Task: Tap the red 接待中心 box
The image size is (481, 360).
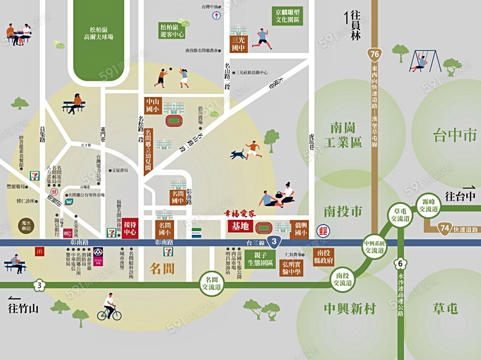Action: [x=130, y=227]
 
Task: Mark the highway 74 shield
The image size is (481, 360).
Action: [x=445, y=228]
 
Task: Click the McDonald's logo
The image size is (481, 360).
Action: [x=40, y=250]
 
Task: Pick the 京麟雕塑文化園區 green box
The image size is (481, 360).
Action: [x=287, y=16]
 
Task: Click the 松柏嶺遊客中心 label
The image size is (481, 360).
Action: [x=172, y=30]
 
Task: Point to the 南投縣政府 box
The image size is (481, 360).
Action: [x=324, y=256]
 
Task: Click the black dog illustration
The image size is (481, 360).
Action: [x=238, y=155]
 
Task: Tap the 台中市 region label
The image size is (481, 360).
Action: [x=454, y=135]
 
